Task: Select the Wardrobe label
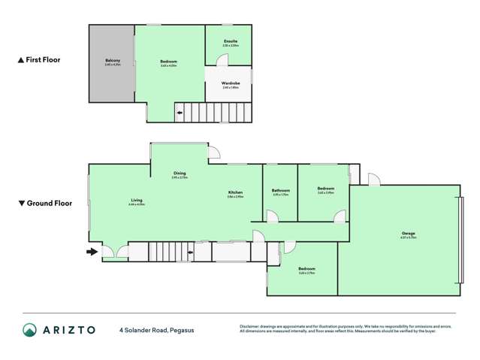point(231,83)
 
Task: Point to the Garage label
point(408,233)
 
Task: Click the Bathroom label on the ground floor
point(281,190)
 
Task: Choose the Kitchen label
point(235,193)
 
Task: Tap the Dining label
point(179,174)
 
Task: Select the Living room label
point(136,200)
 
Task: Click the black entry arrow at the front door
point(92,252)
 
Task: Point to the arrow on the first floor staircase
point(180,114)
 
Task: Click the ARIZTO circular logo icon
point(29,329)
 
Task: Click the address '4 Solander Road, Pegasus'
point(156,329)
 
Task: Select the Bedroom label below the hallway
point(306,268)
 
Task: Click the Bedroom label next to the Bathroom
point(325,189)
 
